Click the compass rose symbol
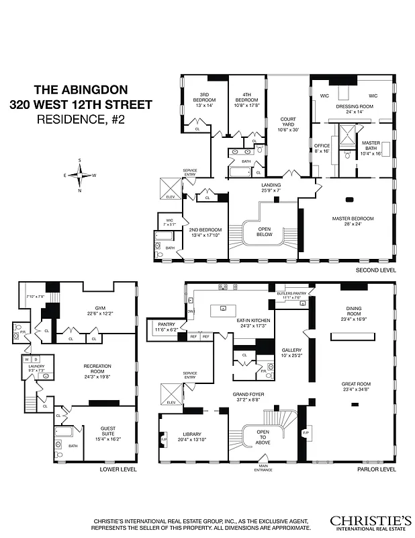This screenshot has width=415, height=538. pos(80,177)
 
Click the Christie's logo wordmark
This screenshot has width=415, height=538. pos(370,521)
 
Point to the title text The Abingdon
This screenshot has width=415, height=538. pos(80,89)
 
